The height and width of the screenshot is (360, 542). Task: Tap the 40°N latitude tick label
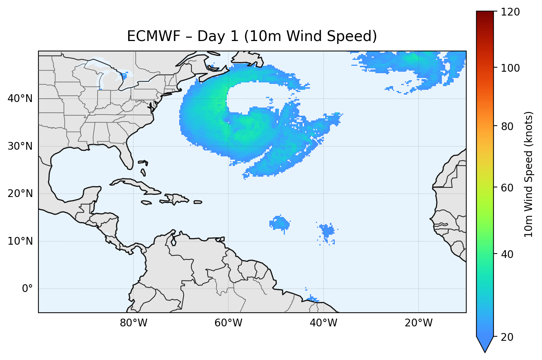(x=20, y=99)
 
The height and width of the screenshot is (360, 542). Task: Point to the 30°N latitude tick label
(x=20, y=146)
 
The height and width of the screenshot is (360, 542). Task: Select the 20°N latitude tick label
(x=20, y=194)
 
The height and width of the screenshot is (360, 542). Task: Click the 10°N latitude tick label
(x=20, y=241)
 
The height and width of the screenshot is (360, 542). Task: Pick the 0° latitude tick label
(x=27, y=289)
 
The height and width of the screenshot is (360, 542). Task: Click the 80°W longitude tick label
(x=133, y=323)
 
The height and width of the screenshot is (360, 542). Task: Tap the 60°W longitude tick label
(x=228, y=323)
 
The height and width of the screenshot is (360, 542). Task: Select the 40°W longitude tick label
(x=323, y=323)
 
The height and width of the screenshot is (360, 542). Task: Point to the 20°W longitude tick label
(x=418, y=323)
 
